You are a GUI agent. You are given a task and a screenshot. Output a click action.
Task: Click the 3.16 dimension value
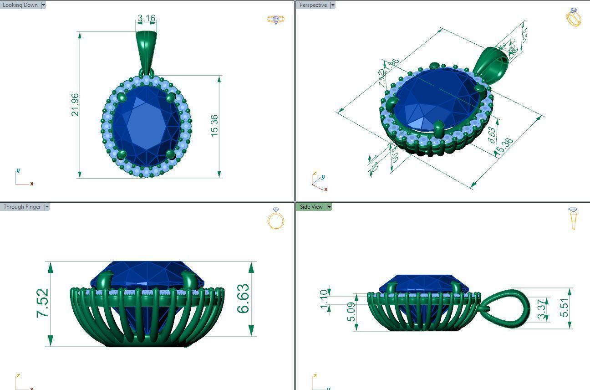[146, 19]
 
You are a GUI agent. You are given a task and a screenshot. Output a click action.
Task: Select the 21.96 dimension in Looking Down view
[75, 105]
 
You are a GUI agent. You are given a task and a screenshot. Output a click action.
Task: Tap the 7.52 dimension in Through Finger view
[43, 303]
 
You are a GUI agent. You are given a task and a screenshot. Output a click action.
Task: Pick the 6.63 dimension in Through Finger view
[243, 298]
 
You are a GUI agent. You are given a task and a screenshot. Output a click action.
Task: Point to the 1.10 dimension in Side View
[324, 299]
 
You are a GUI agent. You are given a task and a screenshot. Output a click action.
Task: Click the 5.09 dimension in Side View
[351, 312]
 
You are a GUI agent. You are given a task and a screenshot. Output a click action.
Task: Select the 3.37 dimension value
[542, 309]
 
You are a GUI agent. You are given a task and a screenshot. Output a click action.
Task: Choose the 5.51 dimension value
[564, 308]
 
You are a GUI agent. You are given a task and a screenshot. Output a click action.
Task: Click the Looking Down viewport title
[20, 5]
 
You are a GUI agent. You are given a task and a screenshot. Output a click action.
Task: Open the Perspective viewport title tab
[313, 5]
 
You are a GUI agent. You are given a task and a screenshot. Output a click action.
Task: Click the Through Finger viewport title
[22, 207]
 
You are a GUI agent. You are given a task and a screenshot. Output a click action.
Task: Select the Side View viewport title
[311, 207]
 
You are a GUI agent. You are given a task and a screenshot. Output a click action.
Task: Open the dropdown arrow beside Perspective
[333, 5]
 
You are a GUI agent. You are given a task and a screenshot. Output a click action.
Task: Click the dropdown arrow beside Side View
[329, 207]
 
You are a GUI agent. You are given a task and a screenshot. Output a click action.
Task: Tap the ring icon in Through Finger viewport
[275, 219]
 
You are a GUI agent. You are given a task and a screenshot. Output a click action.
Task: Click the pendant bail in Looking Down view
[146, 50]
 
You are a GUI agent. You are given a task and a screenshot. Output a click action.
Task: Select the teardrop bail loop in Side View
[505, 308]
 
